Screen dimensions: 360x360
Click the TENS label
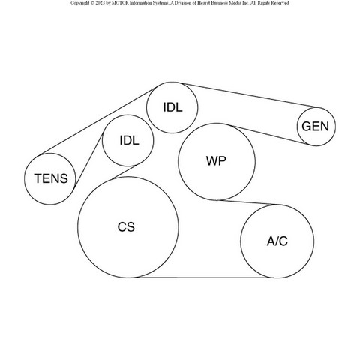click(x=51, y=178)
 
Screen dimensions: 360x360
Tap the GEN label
click(x=315, y=127)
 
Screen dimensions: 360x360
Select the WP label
click(x=216, y=161)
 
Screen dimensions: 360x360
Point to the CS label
click(x=126, y=227)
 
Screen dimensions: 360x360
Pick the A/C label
click(x=277, y=241)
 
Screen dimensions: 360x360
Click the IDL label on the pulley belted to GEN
click(x=172, y=107)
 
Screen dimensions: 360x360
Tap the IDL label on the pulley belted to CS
click(x=129, y=140)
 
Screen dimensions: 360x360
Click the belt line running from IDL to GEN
click(x=249, y=95)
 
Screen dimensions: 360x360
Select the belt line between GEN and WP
click(x=270, y=135)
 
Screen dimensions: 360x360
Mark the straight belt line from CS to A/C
click(x=204, y=277)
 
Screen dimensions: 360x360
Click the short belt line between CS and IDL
click(x=124, y=172)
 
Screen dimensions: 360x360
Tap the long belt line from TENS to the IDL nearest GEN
click(x=98, y=121)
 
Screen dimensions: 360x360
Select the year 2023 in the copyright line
click(x=100, y=3)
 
